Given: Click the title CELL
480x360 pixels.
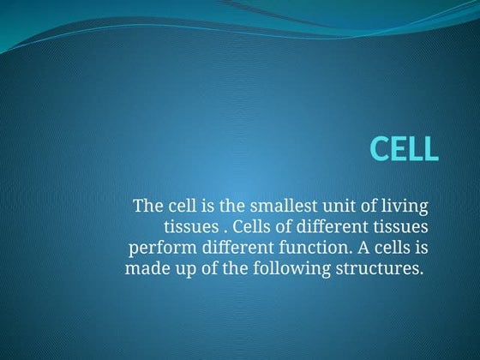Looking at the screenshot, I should click(404, 148).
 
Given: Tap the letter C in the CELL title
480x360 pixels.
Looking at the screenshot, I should click(381, 148).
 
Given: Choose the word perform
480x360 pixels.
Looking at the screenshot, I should click(158, 249).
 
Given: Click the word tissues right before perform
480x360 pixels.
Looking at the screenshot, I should click(402, 227).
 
